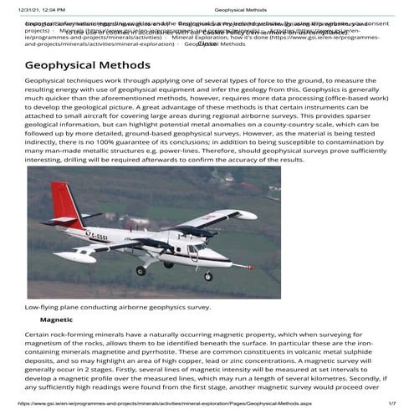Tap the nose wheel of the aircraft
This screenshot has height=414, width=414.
click(208, 275)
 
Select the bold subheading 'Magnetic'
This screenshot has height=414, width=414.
click(57, 319)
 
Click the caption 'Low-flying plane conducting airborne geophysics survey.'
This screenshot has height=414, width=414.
click(117, 307)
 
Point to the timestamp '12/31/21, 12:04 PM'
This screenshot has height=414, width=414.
click(36, 7)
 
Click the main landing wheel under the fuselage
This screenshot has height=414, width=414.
click(141, 270)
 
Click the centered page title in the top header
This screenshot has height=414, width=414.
click(223, 7)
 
